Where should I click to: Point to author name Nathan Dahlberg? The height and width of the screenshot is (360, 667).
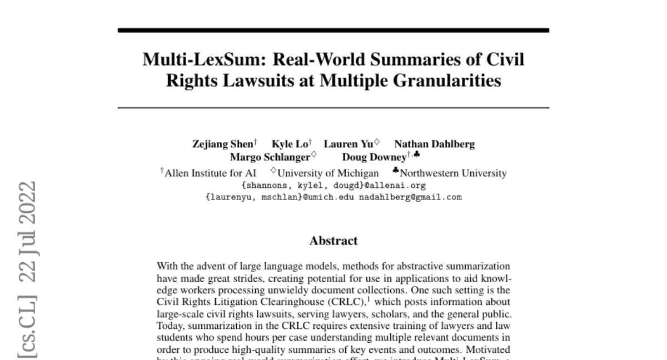click(434, 144)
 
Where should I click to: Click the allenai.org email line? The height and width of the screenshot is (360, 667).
click(333, 186)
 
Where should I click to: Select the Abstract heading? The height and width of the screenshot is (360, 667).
click(333, 241)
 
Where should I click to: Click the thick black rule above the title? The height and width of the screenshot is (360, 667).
click(333, 30)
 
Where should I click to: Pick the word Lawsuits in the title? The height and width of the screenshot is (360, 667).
click(273, 81)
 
